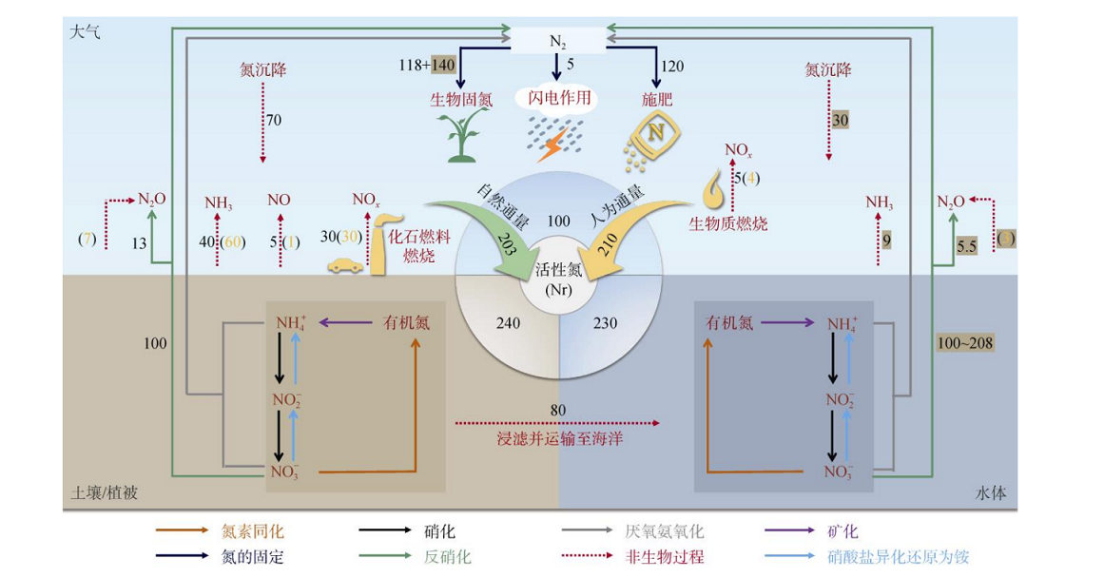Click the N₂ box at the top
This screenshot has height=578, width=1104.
pos(558,40)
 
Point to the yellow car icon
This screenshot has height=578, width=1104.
pos(345,266)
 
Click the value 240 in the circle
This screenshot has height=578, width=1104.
pos(509,323)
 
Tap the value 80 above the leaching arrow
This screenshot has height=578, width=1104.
pos(558,410)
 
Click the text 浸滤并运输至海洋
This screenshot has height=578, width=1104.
pos(557,438)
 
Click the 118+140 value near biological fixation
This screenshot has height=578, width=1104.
pos(428,65)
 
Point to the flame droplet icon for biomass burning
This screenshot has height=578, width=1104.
pos(714,191)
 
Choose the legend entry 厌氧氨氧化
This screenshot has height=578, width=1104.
pos(665,532)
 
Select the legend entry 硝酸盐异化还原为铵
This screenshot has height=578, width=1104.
pos(899,557)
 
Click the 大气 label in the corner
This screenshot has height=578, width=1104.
pos(85,31)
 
